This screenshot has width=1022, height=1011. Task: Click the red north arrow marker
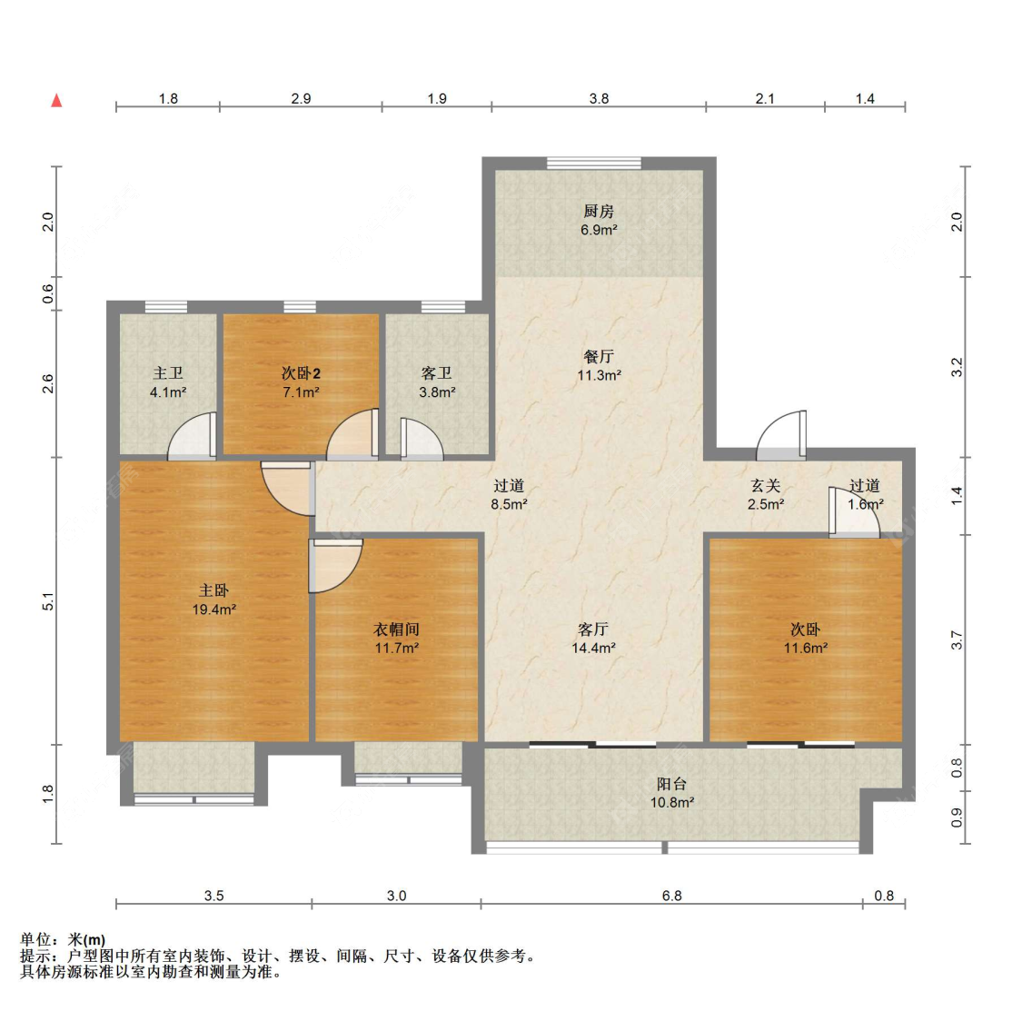tap(56, 101)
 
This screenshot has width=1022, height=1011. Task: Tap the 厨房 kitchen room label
tap(599, 212)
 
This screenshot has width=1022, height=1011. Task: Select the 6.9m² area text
tap(599, 230)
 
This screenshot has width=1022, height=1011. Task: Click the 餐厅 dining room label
tap(599, 357)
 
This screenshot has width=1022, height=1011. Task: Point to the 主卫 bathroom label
tap(168, 372)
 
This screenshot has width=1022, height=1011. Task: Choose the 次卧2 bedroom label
tap(301, 372)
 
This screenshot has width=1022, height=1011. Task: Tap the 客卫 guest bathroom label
tap(437, 372)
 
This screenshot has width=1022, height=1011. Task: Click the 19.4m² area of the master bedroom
tap(213, 610)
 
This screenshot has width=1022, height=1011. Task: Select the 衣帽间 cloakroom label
tap(396, 629)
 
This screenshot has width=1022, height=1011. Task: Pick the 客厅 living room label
tap(593, 629)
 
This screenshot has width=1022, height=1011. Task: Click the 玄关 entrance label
tap(765, 486)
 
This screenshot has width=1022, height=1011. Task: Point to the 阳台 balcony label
tap(671, 784)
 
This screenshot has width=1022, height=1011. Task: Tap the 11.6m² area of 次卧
tap(806, 648)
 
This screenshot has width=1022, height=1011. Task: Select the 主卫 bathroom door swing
tap(193, 436)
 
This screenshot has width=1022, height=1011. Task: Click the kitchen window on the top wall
tap(594, 163)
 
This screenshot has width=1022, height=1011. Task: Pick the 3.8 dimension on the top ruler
tap(599, 98)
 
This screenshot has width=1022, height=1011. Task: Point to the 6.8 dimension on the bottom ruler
tap(672, 896)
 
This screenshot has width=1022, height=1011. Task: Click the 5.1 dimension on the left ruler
tap(47, 601)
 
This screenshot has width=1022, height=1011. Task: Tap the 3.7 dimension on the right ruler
tap(957, 640)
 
